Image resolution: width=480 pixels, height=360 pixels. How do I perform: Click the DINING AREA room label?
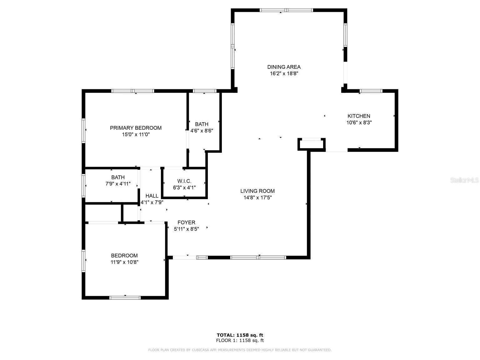click(x=284, y=67)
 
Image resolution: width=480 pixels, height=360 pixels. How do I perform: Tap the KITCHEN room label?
click(x=359, y=116)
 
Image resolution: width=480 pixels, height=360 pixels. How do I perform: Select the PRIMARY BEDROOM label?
click(x=136, y=128)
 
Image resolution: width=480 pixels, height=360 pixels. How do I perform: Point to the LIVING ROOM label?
click(x=257, y=191)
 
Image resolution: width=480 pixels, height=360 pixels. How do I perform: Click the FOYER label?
click(x=186, y=222)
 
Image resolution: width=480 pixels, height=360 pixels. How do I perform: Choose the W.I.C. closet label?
click(x=184, y=181)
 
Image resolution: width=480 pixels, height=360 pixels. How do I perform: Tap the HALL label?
click(x=152, y=196)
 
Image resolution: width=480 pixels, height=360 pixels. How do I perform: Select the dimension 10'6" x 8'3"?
click(x=359, y=123)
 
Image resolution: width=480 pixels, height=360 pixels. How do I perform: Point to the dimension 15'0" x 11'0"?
click(x=136, y=135)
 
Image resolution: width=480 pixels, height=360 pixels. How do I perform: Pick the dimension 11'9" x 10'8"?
click(x=124, y=262)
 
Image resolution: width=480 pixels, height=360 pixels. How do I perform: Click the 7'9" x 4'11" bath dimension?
click(x=118, y=184)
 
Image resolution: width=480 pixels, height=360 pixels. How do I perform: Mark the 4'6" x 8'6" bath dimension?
click(x=202, y=131)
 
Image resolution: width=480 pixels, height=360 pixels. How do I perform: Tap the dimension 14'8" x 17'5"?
click(x=257, y=197)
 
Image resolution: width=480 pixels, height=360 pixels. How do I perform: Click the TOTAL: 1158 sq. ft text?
click(x=240, y=335)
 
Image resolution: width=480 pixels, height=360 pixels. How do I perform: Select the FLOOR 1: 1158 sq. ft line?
click(x=240, y=341)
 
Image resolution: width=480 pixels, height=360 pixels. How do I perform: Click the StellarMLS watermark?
click(x=464, y=180)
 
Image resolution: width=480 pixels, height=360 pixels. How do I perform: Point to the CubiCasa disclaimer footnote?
click(x=240, y=350)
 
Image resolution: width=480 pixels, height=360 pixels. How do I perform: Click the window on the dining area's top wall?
click(x=287, y=10)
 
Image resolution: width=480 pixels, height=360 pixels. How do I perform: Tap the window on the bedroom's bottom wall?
click(x=125, y=297)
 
